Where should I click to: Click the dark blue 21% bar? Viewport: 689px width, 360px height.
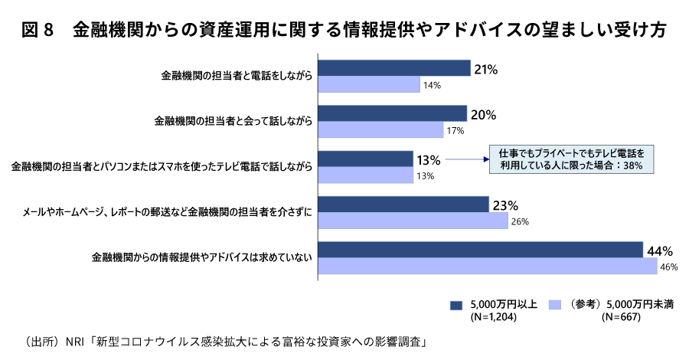click(393, 68)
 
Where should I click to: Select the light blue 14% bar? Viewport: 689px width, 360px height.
click(369, 84)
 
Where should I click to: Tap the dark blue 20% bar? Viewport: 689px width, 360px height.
click(392, 114)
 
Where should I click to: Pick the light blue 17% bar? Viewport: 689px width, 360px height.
click(380, 130)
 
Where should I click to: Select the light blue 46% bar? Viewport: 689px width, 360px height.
click(488, 267)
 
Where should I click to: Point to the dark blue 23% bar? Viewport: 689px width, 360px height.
click(403, 205)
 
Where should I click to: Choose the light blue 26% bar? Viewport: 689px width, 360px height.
click(413, 221)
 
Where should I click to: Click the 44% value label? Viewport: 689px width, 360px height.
click(660, 250)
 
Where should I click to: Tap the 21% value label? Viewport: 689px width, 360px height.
click(486, 69)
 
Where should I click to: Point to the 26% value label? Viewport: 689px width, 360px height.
click(519, 222)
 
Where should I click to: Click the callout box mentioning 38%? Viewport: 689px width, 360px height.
click(571, 159)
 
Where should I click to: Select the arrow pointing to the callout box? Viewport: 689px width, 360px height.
click(466, 160)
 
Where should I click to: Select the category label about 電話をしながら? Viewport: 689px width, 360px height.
click(237, 77)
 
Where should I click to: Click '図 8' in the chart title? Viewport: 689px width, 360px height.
click(36, 31)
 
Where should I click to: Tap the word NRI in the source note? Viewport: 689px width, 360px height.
click(75, 341)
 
